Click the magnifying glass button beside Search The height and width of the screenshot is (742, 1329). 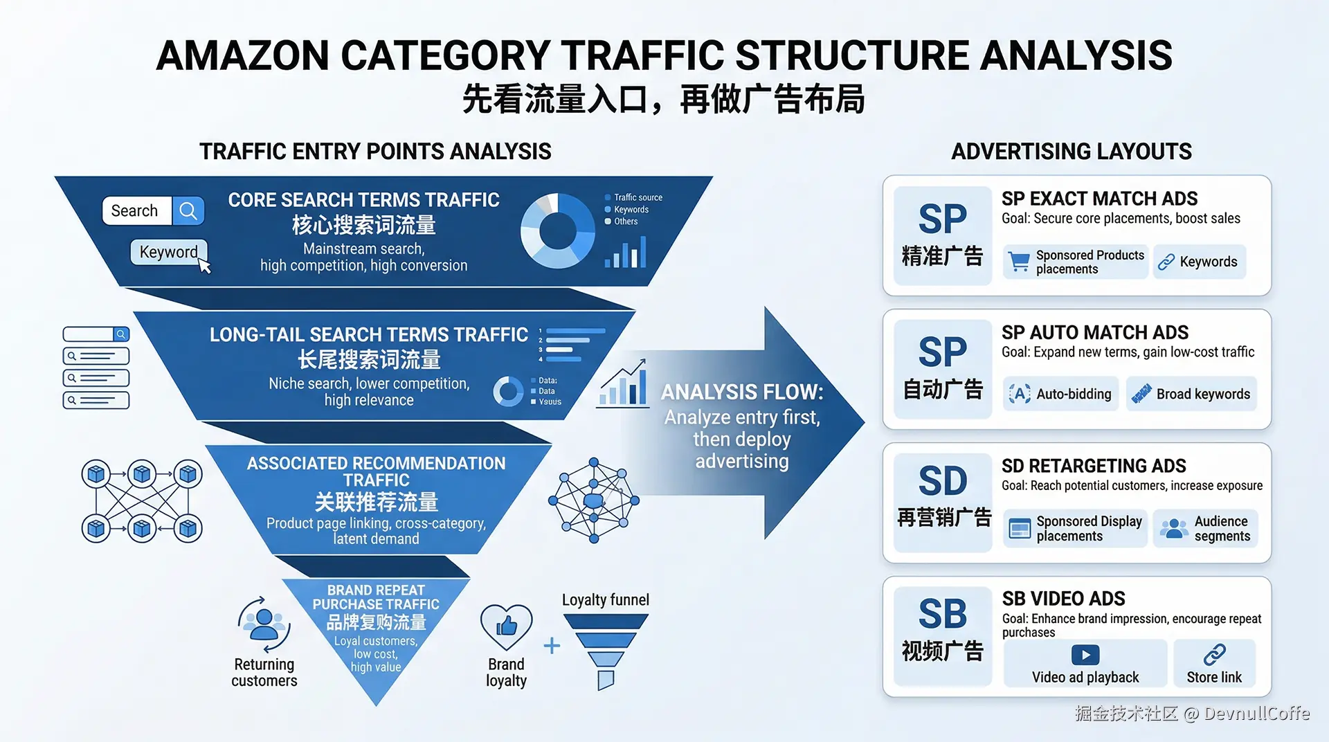[x=188, y=210]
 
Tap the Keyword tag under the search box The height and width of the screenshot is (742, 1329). [x=168, y=252]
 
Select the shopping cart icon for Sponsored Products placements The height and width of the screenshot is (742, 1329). [x=1019, y=262]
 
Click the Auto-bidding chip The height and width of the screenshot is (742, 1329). [x=1060, y=394]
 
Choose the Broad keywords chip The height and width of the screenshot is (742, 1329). [x=1191, y=394]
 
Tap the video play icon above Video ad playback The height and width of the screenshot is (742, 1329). [x=1085, y=654]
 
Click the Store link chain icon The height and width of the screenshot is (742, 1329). [x=1214, y=654]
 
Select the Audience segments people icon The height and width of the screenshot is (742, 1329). [x=1174, y=529]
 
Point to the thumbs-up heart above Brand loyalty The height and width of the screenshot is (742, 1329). [x=506, y=626]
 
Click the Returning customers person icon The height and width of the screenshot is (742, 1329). [x=264, y=623]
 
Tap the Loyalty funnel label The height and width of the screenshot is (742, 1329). [x=605, y=599]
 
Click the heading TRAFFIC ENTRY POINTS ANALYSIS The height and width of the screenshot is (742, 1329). [x=375, y=151]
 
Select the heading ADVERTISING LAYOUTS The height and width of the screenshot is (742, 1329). [x=1071, y=151]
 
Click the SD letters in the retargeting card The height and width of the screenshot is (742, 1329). [x=942, y=480]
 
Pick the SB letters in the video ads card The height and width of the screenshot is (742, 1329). [x=942, y=613]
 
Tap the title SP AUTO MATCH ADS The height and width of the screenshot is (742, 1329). [x=1094, y=332]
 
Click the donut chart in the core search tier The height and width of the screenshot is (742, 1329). [x=557, y=230]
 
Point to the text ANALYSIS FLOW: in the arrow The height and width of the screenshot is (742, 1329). [x=741, y=392]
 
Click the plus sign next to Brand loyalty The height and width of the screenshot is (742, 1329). [x=552, y=646]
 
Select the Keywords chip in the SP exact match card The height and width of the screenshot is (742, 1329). [x=1199, y=262]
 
